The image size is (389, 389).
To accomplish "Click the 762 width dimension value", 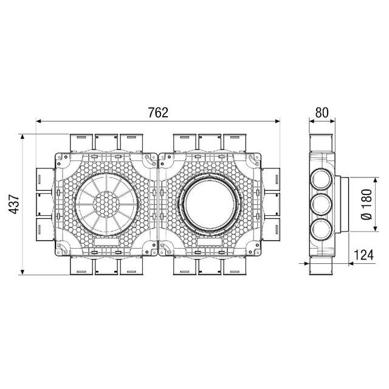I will point(157,113).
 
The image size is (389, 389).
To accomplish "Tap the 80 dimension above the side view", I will point(322,113).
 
